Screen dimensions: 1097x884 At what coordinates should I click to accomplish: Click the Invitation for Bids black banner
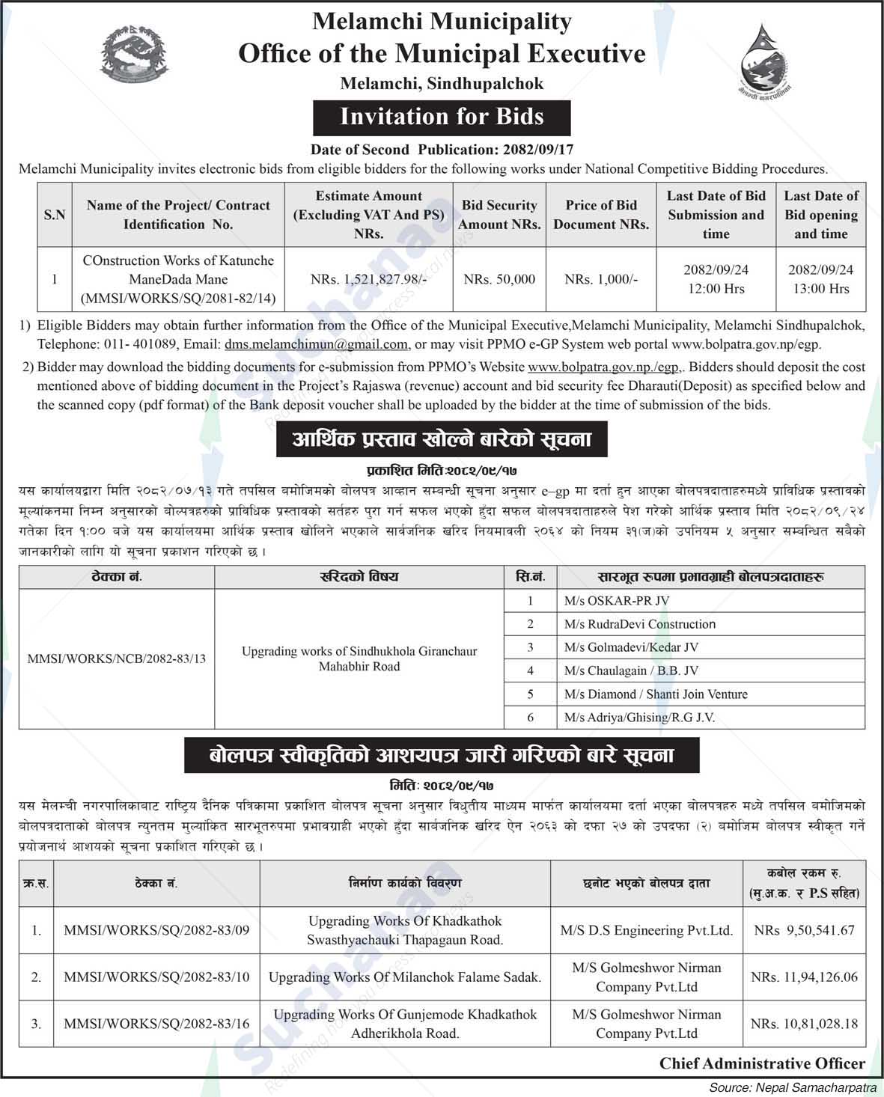(442, 117)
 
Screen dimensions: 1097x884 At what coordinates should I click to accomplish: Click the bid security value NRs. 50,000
(499, 279)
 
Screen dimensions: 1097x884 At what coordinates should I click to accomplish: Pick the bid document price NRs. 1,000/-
(601, 279)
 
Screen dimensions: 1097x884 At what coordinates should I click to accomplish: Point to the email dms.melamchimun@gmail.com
(316, 344)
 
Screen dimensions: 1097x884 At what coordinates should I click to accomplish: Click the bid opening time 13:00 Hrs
(820, 288)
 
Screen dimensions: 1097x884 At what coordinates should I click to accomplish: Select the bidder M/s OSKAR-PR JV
(617, 600)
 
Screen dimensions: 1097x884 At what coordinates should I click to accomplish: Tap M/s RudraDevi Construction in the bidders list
(640, 623)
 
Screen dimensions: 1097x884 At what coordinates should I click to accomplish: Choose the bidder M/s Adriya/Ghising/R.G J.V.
(639, 717)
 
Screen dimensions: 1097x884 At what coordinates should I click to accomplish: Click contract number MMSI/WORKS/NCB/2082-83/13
(116, 658)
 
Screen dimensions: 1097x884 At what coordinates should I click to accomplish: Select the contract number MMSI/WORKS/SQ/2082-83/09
(156, 930)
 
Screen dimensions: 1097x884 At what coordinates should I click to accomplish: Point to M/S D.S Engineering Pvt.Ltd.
(646, 930)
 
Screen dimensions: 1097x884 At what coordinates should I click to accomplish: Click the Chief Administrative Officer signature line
(762, 1063)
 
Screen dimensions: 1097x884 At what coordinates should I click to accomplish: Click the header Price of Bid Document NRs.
(601, 214)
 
